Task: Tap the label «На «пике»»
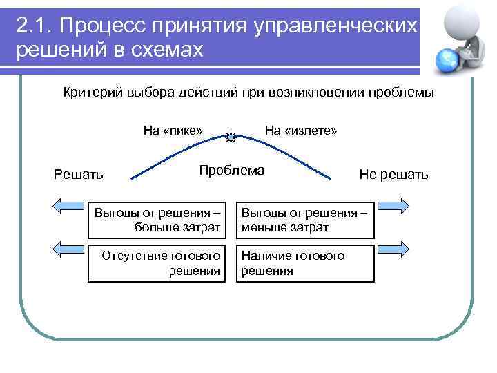[173, 131]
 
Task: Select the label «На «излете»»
[300, 131]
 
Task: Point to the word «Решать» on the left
[79, 174]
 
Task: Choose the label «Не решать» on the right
[393, 174]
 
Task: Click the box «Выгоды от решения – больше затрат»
[158, 220]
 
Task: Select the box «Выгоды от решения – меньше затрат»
[304, 220]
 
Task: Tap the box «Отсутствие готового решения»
[158, 263]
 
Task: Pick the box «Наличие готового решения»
[304, 263]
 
